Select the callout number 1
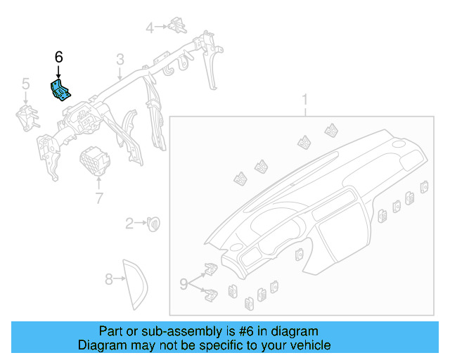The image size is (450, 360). click(304, 98)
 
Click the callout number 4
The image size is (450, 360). click(149, 27)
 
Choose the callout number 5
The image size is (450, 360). click(25, 84)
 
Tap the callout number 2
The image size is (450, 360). click(129, 224)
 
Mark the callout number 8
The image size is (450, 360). click(109, 279)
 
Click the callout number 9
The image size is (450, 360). click(184, 284)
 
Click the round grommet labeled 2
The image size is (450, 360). click(153, 224)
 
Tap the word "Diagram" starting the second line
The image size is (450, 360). click(100, 345)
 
